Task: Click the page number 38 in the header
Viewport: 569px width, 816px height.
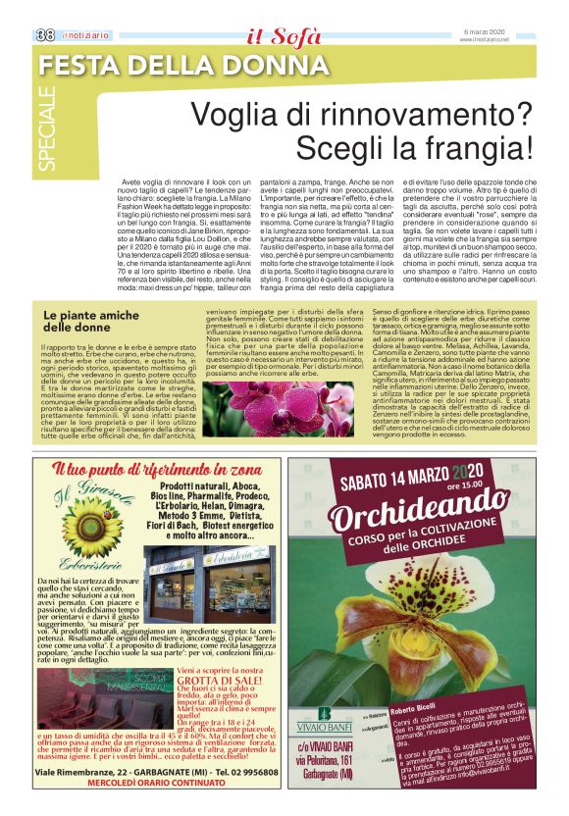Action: coord(44,33)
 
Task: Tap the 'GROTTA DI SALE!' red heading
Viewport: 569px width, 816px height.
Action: coord(221,681)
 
